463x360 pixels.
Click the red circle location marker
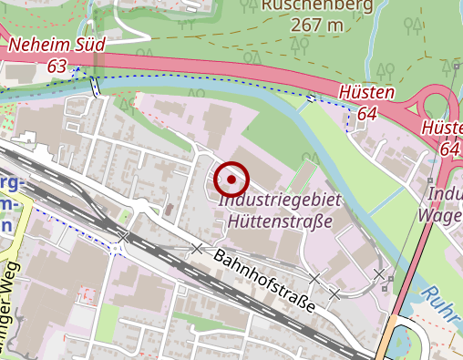(231, 180)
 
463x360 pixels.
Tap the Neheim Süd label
(57, 45)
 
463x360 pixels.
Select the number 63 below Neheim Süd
(57, 66)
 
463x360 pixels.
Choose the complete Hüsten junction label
(366, 93)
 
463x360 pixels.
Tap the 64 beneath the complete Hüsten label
(367, 113)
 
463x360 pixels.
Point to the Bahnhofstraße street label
(264, 280)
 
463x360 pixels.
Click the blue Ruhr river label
(445, 310)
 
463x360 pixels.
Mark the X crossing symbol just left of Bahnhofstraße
(196, 248)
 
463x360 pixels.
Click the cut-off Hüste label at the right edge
(443, 129)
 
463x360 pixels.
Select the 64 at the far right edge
(449, 149)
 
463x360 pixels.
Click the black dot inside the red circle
(231, 180)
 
